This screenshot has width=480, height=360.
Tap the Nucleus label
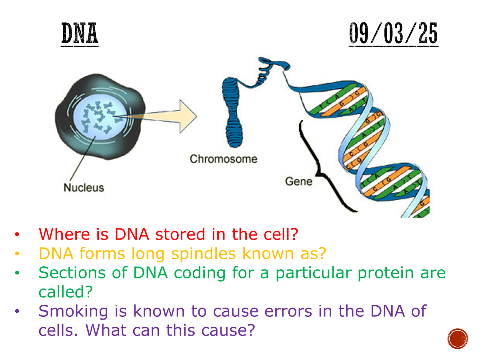click(84, 188)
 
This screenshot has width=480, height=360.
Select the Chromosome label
click(224, 159)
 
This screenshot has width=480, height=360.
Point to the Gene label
click(298, 182)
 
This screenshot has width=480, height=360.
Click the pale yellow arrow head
click(188, 116)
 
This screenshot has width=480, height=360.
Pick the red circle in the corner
click(458, 338)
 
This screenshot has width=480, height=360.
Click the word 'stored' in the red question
click(180, 234)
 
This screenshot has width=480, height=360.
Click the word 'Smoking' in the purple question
click(73, 311)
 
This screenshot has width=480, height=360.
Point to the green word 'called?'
click(66, 292)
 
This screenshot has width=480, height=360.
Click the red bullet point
click(17, 234)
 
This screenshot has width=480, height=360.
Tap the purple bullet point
click(17, 311)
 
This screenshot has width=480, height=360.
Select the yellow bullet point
click(17, 254)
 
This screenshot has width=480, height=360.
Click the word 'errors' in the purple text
click(288, 311)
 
